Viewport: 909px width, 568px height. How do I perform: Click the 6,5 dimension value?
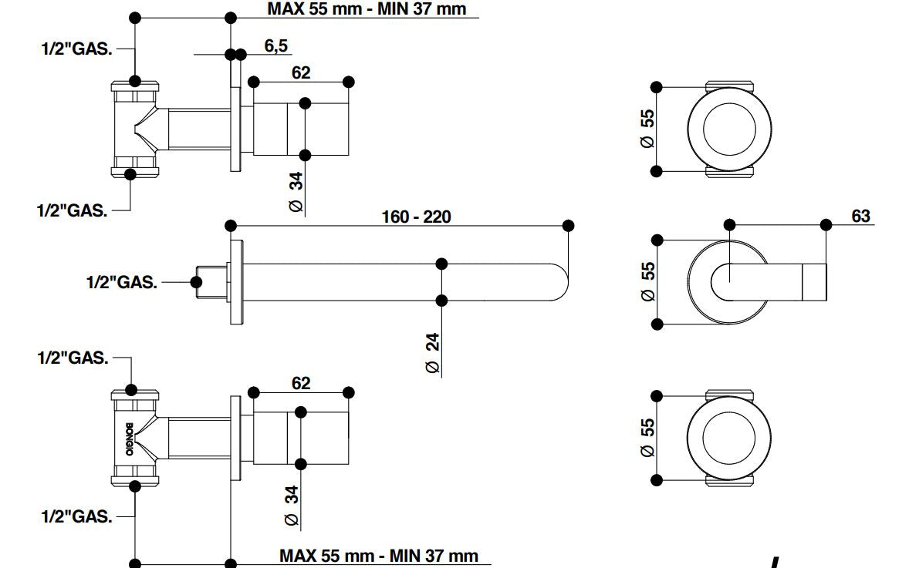click(275, 46)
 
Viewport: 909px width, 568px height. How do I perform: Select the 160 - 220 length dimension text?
click(416, 217)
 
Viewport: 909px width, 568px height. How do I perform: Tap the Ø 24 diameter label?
click(433, 353)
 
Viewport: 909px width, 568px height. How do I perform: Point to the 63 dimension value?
click(860, 216)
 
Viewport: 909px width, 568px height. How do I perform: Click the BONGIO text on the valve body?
click(129, 439)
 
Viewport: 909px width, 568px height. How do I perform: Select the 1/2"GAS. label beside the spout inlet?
click(121, 283)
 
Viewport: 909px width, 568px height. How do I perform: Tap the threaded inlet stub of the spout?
click(209, 282)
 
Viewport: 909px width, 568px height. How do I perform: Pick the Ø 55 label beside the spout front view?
click(647, 281)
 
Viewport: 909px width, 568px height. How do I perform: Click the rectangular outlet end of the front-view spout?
click(815, 282)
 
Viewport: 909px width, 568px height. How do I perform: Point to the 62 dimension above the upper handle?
click(301, 72)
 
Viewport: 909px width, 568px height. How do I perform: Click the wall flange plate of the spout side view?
click(235, 282)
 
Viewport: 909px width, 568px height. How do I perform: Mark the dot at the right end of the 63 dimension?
click(826, 225)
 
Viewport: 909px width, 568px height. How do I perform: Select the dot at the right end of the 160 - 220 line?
click(569, 225)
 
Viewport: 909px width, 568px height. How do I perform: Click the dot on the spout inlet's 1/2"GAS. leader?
click(196, 283)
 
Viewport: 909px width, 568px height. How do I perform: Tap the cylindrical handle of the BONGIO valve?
click(301, 439)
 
